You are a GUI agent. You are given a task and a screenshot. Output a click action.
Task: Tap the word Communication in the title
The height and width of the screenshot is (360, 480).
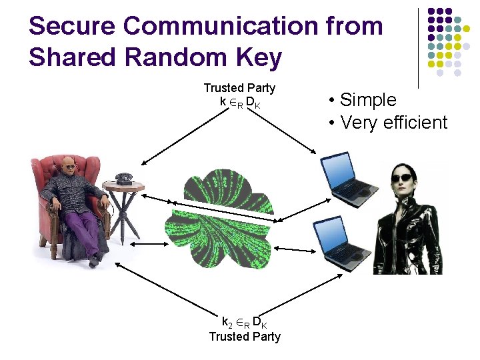pyautogui.click(x=220, y=27)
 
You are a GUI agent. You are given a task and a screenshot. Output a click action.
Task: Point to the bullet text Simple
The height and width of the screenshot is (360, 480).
pyautogui.click(x=368, y=100)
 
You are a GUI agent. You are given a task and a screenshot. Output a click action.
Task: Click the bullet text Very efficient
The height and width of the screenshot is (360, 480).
pyautogui.click(x=393, y=123)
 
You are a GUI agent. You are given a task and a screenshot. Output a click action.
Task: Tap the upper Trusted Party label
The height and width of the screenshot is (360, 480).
pyautogui.click(x=239, y=88)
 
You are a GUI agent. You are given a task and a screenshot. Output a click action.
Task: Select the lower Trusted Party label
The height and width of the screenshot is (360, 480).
pyautogui.click(x=245, y=337)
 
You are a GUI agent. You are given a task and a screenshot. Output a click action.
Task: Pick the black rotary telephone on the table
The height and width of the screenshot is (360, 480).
pyautogui.click(x=123, y=178)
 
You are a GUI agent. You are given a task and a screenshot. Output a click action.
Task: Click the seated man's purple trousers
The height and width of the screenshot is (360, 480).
pyautogui.click(x=83, y=223)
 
